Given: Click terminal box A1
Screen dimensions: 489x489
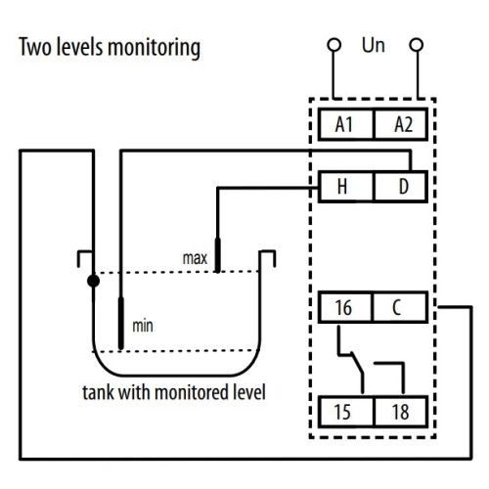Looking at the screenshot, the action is (346, 124).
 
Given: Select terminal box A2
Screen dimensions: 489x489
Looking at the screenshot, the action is (401, 124).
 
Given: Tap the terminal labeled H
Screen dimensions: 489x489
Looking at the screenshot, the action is (346, 187).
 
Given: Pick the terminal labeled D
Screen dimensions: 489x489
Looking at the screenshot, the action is (401, 187).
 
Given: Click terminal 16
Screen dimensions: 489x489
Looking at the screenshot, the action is (345, 307).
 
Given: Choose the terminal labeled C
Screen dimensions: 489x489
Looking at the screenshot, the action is (400, 307).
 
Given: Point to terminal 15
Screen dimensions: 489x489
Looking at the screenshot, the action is (346, 412).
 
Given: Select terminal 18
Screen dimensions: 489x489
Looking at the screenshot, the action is (401, 412).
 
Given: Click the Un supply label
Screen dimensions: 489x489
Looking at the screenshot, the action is (374, 45).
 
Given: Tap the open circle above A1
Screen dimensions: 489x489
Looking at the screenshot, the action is (334, 45).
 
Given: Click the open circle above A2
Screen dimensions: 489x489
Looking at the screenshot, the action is (417, 45).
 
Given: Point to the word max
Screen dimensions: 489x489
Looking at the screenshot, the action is (195, 258).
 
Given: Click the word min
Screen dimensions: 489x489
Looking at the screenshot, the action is (143, 326).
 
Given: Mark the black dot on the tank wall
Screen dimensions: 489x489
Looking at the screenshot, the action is (94, 281).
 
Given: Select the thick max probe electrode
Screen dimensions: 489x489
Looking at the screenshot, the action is (217, 255).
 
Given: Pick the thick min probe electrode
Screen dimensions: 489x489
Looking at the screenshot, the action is (121, 323).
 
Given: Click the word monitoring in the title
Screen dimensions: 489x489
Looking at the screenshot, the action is (154, 48).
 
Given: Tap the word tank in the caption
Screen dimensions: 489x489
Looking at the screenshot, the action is (99, 392).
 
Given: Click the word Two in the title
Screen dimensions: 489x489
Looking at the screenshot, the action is (35, 47).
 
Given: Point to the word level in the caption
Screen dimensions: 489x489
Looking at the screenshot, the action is (248, 392).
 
